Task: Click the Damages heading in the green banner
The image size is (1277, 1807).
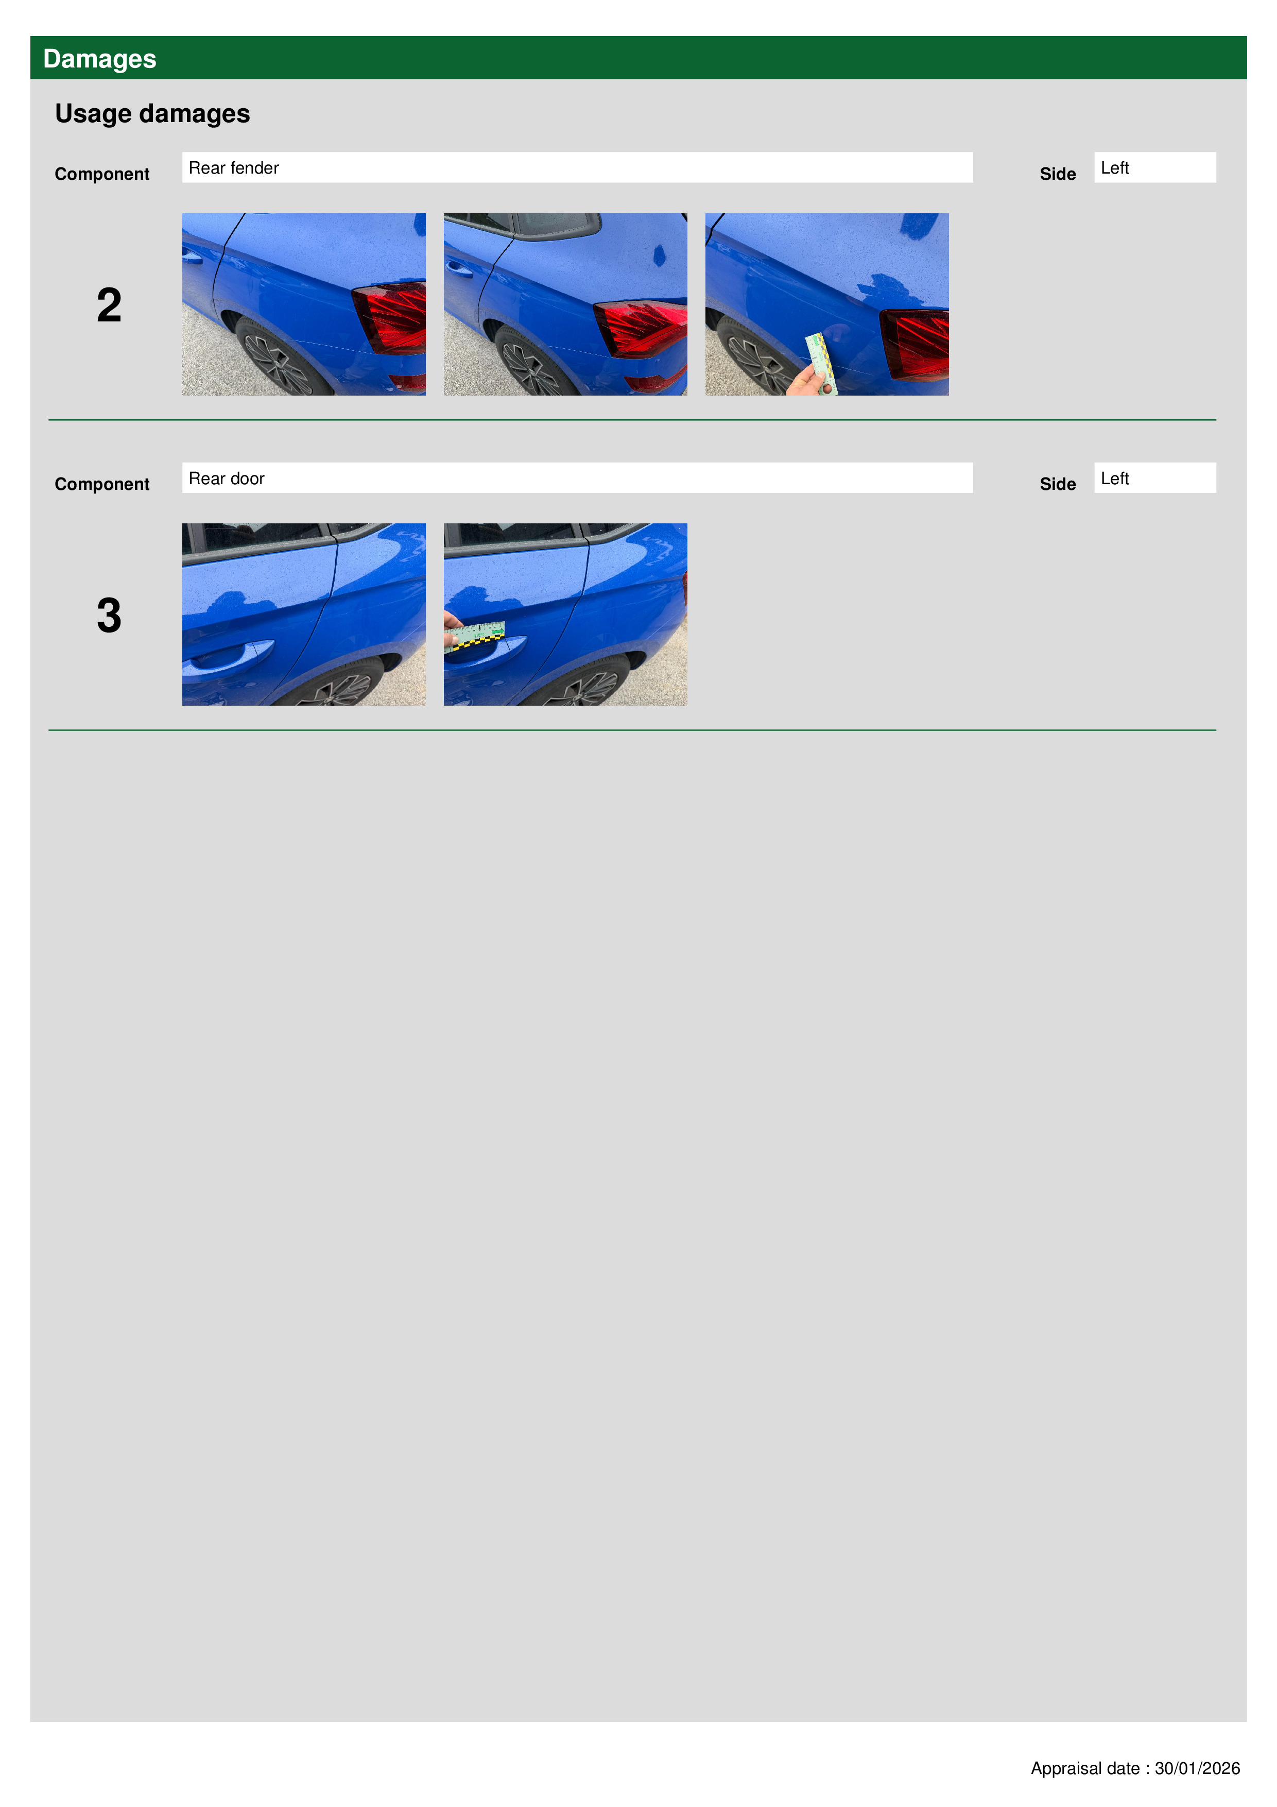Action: (99, 59)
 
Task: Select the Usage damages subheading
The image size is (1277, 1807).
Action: (152, 113)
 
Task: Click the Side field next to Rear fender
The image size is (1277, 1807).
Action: (1154, 167)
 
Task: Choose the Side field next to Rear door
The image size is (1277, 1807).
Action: (1154, 478)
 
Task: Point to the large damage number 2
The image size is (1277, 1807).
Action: (109, 305)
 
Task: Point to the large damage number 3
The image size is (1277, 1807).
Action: (109, 616)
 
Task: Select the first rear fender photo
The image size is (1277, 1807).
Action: (304, 304)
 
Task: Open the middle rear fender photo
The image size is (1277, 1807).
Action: (565, 304)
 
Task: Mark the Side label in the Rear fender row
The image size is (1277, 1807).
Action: (1058, 174)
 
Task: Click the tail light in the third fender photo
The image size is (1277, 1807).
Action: (915, 345)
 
